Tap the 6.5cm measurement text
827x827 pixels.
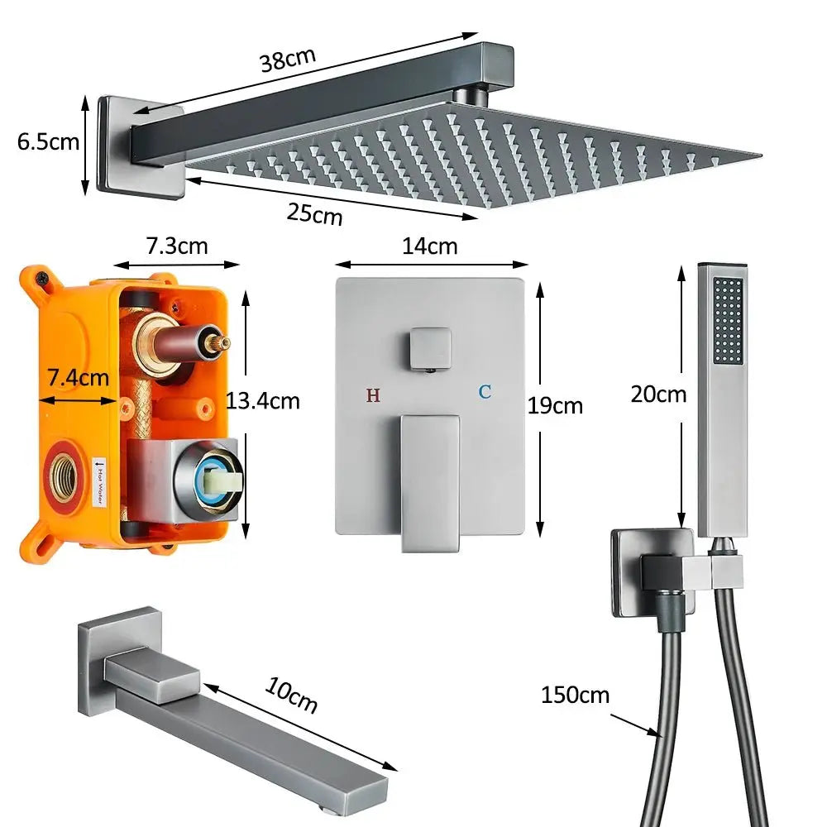point(48,141)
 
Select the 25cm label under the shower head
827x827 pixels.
point(314,213)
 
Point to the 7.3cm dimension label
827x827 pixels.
point(177,246)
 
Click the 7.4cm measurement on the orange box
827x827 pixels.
point(78,379)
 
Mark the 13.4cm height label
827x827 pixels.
point(262,401)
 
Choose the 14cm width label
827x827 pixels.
point(430,246)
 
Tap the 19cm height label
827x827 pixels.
point(556,406)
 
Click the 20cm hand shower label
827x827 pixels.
point(658,394)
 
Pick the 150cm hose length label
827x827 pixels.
point(575,695)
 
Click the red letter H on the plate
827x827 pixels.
point(373,395)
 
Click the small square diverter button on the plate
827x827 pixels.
point(430,349)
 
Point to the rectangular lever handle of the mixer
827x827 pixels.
point(429,480)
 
